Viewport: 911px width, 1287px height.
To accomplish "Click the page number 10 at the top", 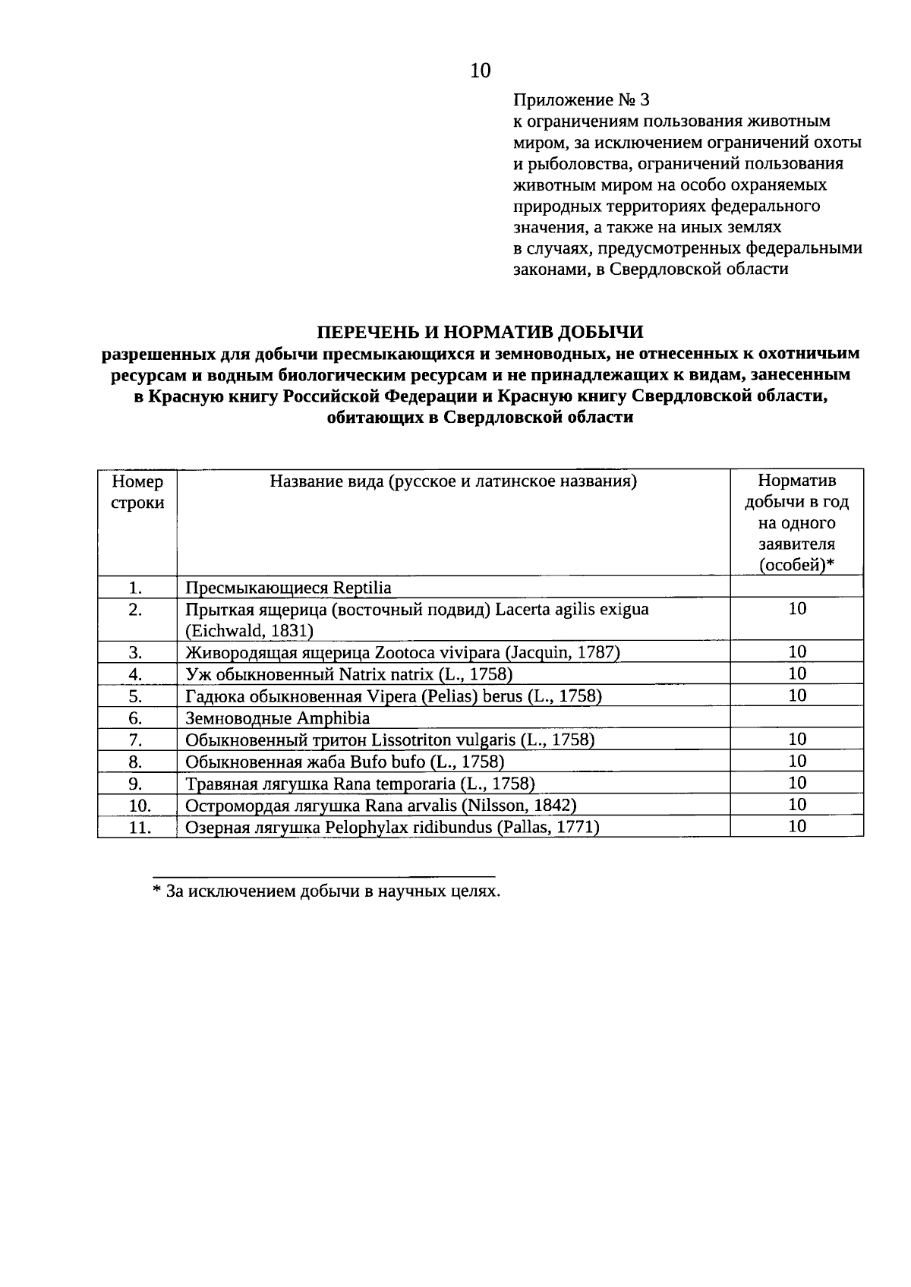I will pos(481,71).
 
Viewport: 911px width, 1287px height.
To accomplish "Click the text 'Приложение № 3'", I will pos(582,100).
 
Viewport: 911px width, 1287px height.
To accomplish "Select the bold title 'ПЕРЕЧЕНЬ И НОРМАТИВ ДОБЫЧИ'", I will pos(480,332).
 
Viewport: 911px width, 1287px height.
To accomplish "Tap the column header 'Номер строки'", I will pos(137,492).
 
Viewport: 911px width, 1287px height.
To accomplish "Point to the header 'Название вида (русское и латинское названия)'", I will pos(453,481).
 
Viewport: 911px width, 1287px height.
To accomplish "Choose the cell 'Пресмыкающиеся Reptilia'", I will pos(288,588).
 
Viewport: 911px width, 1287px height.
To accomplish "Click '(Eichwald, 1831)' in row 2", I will pos(250,631).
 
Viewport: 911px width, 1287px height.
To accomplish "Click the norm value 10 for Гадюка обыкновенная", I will pos(796,696).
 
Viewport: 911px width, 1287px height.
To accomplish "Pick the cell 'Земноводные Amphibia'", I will pos(277,718).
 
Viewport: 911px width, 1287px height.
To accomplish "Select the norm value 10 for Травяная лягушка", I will pos(796,783).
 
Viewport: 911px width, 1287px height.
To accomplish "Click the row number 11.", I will pos(139,828).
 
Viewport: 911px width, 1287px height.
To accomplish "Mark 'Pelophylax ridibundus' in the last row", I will pos(408,828).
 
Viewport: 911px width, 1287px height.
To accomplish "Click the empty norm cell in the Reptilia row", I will pos(796,587).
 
